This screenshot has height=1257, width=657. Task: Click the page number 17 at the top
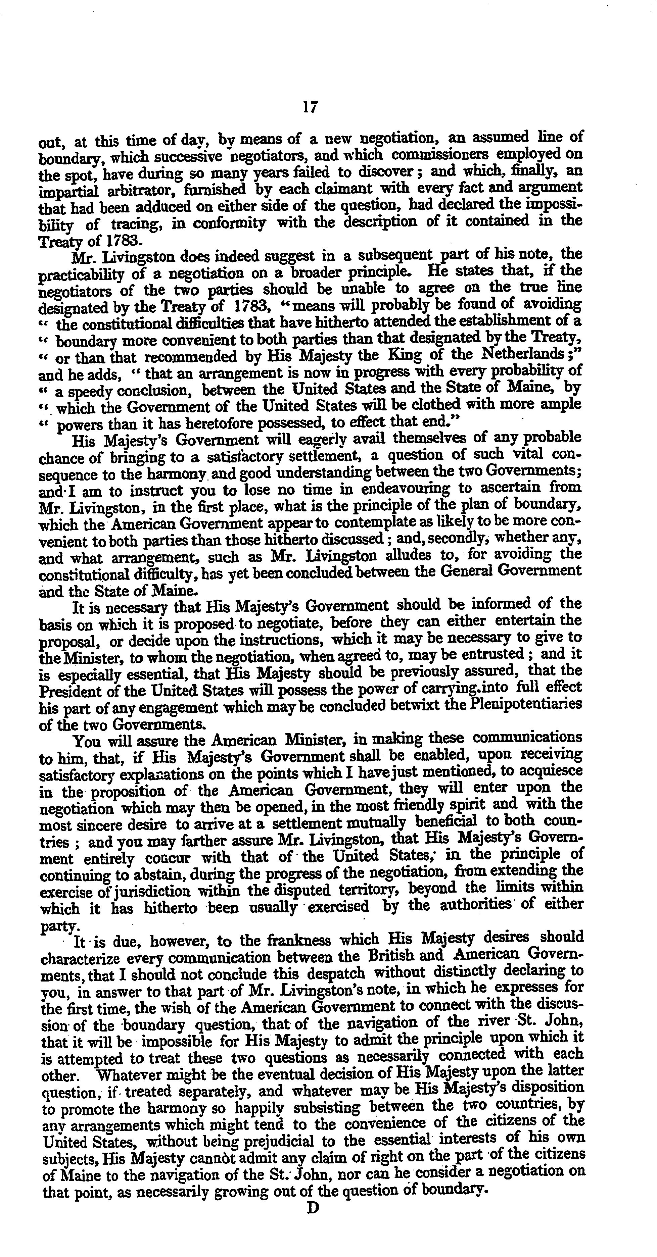coord(311,107)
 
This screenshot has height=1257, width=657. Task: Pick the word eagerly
coord(316,440)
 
